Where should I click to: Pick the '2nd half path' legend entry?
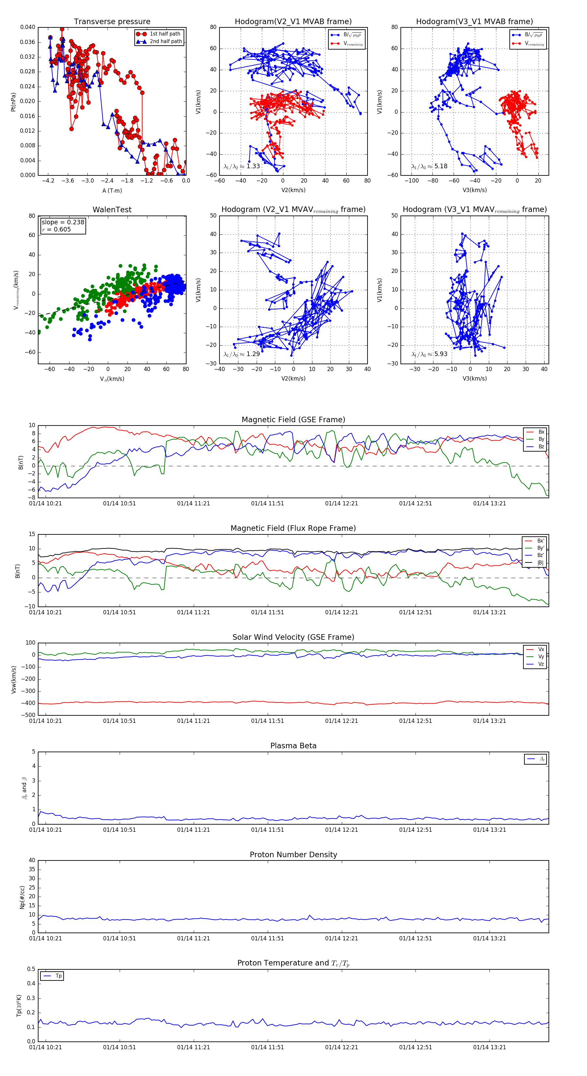click(x=165, y=41)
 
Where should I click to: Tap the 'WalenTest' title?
click(x=112, y=210)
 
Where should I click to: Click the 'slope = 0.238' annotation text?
click(x=63, y=222)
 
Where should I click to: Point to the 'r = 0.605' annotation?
click(x=56, y=229)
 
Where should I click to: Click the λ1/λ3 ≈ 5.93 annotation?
click(x=429, y=354)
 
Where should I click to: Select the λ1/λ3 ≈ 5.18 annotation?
click(x=429, y=166)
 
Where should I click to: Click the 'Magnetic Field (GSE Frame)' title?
click(x=293, y=420)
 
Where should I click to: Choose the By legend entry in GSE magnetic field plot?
click(x=541, y=439)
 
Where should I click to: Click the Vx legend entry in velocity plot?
click(x=541, y=650)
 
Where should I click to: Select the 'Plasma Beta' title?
click(x=293, y=746)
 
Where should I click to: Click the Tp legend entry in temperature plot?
click(x=58, y=976)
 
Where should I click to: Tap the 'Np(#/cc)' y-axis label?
click(x=22, y=897)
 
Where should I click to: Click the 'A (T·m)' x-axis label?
click(x=112, y=191)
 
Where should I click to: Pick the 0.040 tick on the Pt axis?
click(x=28, y=27)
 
